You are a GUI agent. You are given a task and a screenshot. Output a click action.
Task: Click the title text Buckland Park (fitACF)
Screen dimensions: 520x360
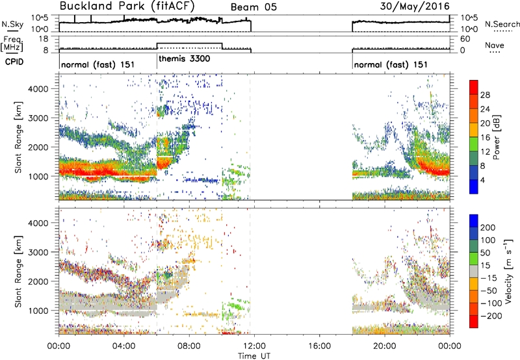click(x=127, y=6)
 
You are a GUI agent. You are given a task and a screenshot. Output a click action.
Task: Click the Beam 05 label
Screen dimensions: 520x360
click(x=253, y=7)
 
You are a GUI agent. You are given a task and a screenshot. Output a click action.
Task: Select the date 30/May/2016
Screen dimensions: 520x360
click(x=415, y=6)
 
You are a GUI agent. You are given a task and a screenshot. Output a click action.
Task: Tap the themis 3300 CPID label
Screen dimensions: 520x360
click(x=185, y=59)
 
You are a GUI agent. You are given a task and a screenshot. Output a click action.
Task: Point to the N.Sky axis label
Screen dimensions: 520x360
click(x=12, y=24)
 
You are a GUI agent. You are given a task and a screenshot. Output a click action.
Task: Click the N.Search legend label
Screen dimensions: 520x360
click(x=502, y=24)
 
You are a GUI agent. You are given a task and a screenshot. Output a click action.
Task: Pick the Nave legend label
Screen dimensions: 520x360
click(x=495, y=45)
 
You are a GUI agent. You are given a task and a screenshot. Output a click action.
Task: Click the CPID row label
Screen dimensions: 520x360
click(x=14, y=62)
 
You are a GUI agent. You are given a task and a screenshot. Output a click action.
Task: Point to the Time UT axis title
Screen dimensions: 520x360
click(x=254, y=356)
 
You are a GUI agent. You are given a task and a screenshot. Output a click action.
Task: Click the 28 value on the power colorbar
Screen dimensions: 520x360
click(x=485, y=95)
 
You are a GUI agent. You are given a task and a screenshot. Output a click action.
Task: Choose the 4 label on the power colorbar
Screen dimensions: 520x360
click(x=482, y=180)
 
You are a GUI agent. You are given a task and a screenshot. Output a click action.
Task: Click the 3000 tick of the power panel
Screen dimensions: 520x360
click(x=38, y=118)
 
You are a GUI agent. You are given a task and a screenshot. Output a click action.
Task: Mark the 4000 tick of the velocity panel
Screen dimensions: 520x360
click(x=38, y=223)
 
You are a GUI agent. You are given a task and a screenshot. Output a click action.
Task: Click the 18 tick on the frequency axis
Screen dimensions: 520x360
click(x=44, y=39)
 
